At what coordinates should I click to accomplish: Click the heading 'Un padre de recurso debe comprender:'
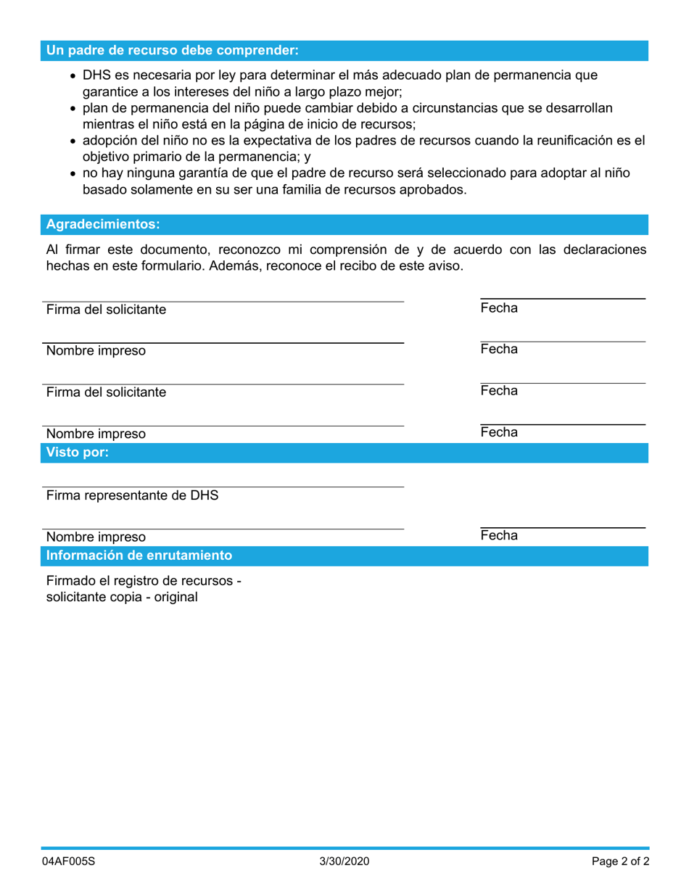tap(172, 50)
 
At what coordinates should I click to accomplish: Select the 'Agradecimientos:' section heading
tap(103, 224)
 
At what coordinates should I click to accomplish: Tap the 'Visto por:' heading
tap(78, 453)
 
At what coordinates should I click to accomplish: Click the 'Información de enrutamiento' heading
tap(139, 556)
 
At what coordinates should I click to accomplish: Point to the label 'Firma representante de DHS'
tap(132, 496)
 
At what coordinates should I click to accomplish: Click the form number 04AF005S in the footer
tap(69, 862)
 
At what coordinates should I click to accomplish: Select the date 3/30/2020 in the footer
tap(344, 862)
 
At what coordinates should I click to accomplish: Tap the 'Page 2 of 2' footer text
tap(620, 862)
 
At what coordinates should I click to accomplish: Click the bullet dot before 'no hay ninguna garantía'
tap(73, 174)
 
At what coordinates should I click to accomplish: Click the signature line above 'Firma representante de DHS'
tap(223, 487)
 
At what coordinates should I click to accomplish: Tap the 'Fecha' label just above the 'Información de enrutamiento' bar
tap(499, 535)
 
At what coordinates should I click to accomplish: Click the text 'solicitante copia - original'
tap(122, 597)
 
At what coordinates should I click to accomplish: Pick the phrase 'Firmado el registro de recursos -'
tap(144, 580)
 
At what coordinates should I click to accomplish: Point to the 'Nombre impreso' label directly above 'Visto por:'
tap(96, 434)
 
